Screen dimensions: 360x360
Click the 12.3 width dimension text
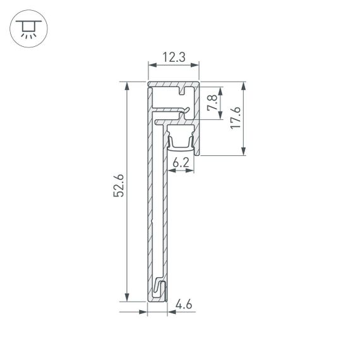(174, 57)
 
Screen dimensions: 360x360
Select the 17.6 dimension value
(235, 118)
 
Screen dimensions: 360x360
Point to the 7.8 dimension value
(213, 103)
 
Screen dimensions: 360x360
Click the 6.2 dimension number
(181, 162)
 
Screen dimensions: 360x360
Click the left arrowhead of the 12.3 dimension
(150, 64)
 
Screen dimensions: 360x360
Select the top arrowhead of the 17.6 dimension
(244, 85)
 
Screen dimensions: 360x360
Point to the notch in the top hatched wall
(183, 90)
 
